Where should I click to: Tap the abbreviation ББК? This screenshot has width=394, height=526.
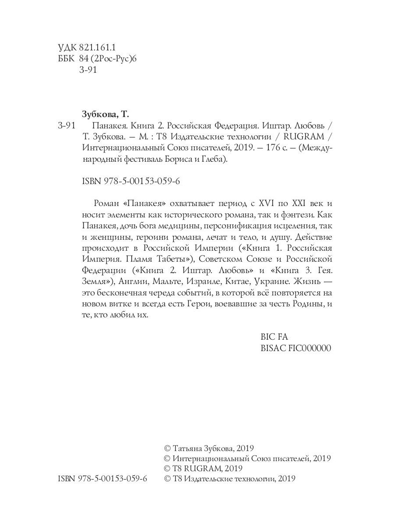pos(67,59)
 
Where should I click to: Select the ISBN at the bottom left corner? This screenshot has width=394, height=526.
pos(102,479)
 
